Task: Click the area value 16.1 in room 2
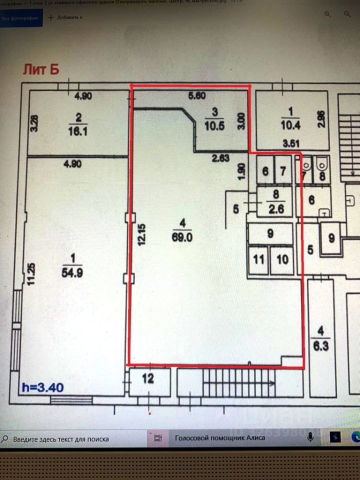(x=78, y=131)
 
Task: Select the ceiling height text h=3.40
(x=42, y=387)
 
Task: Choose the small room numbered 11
(x=258, y=259)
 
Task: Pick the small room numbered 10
(x=282, y=259)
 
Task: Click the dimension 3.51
(x=291, y=143)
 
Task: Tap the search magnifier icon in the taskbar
(x=6, y=438)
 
